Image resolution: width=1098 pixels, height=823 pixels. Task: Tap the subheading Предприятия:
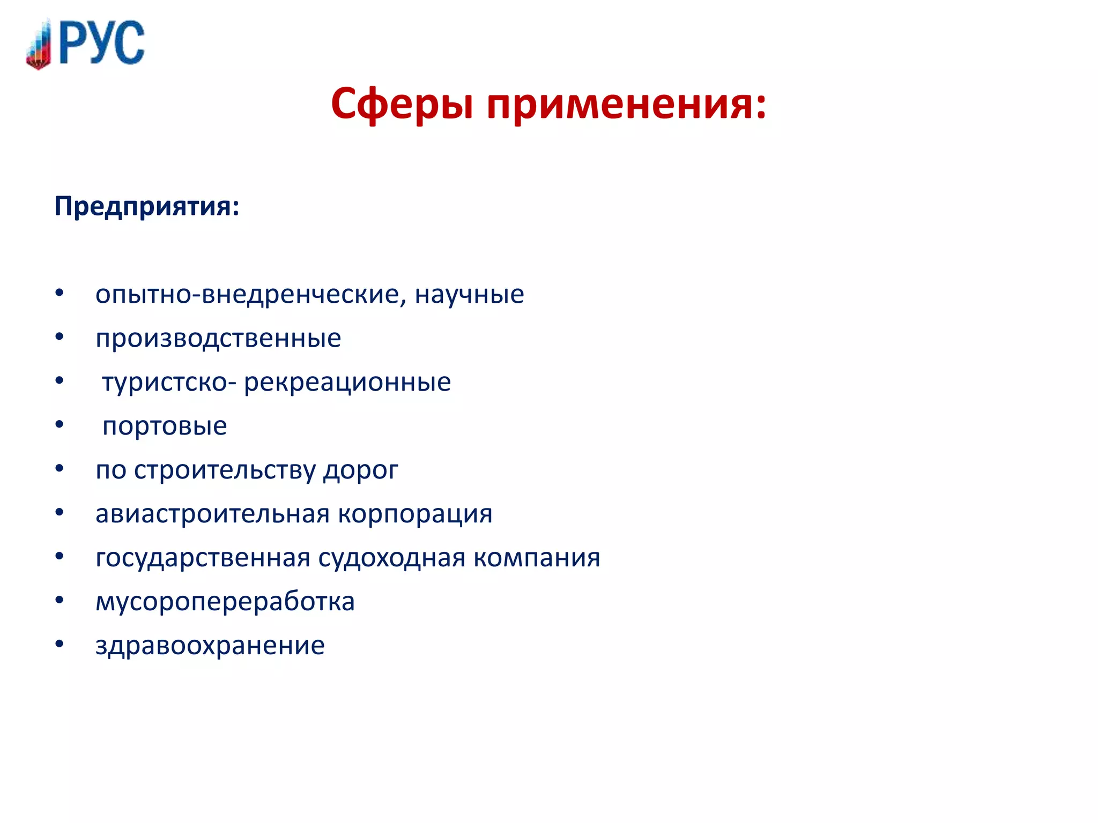[147, 206]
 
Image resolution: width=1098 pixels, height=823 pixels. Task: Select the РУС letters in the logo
[102, 43]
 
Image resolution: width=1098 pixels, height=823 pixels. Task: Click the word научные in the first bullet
[469, 295]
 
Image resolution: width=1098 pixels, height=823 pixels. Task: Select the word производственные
[218, 339]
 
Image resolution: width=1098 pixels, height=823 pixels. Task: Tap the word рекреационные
[347, 383]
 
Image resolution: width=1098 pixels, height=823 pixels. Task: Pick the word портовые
[165, 427]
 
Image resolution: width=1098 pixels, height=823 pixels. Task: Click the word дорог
[360, 470]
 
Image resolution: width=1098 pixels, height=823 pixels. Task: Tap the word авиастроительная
[212, 514]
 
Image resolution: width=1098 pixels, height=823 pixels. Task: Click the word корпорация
[415, 514]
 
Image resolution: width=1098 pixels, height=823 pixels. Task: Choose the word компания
[537, 558]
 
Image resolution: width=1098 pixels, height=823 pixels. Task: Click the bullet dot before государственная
[60, 556]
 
